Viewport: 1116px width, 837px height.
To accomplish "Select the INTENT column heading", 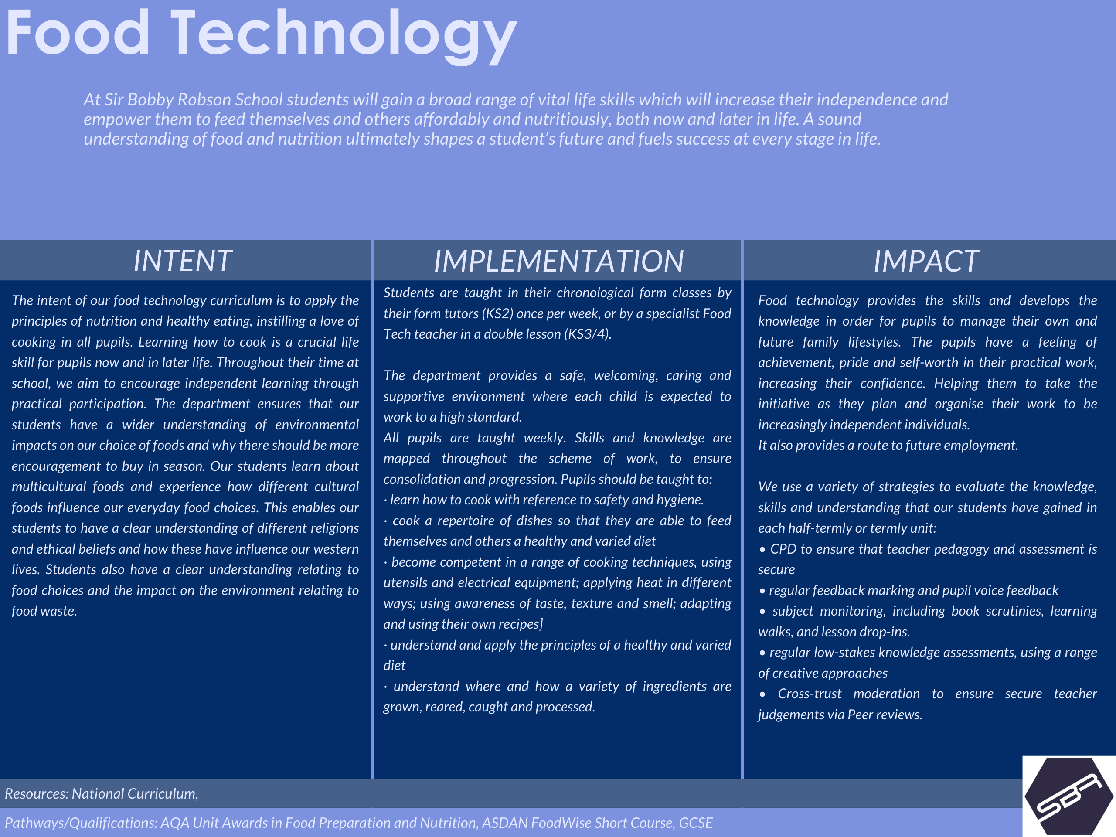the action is [x=183, y=261].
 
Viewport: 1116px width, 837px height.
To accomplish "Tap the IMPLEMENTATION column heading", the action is [x=558, y=261].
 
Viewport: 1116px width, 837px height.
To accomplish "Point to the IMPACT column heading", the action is [x=926, y=261].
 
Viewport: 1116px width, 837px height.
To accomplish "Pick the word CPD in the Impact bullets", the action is [x=783, y=549].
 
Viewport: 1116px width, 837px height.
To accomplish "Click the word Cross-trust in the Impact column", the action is [x=809, y=694].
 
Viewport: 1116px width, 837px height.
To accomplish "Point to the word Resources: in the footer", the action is [x=36, y=793].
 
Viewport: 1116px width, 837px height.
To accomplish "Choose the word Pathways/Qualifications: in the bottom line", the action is [x=81, y=823].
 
